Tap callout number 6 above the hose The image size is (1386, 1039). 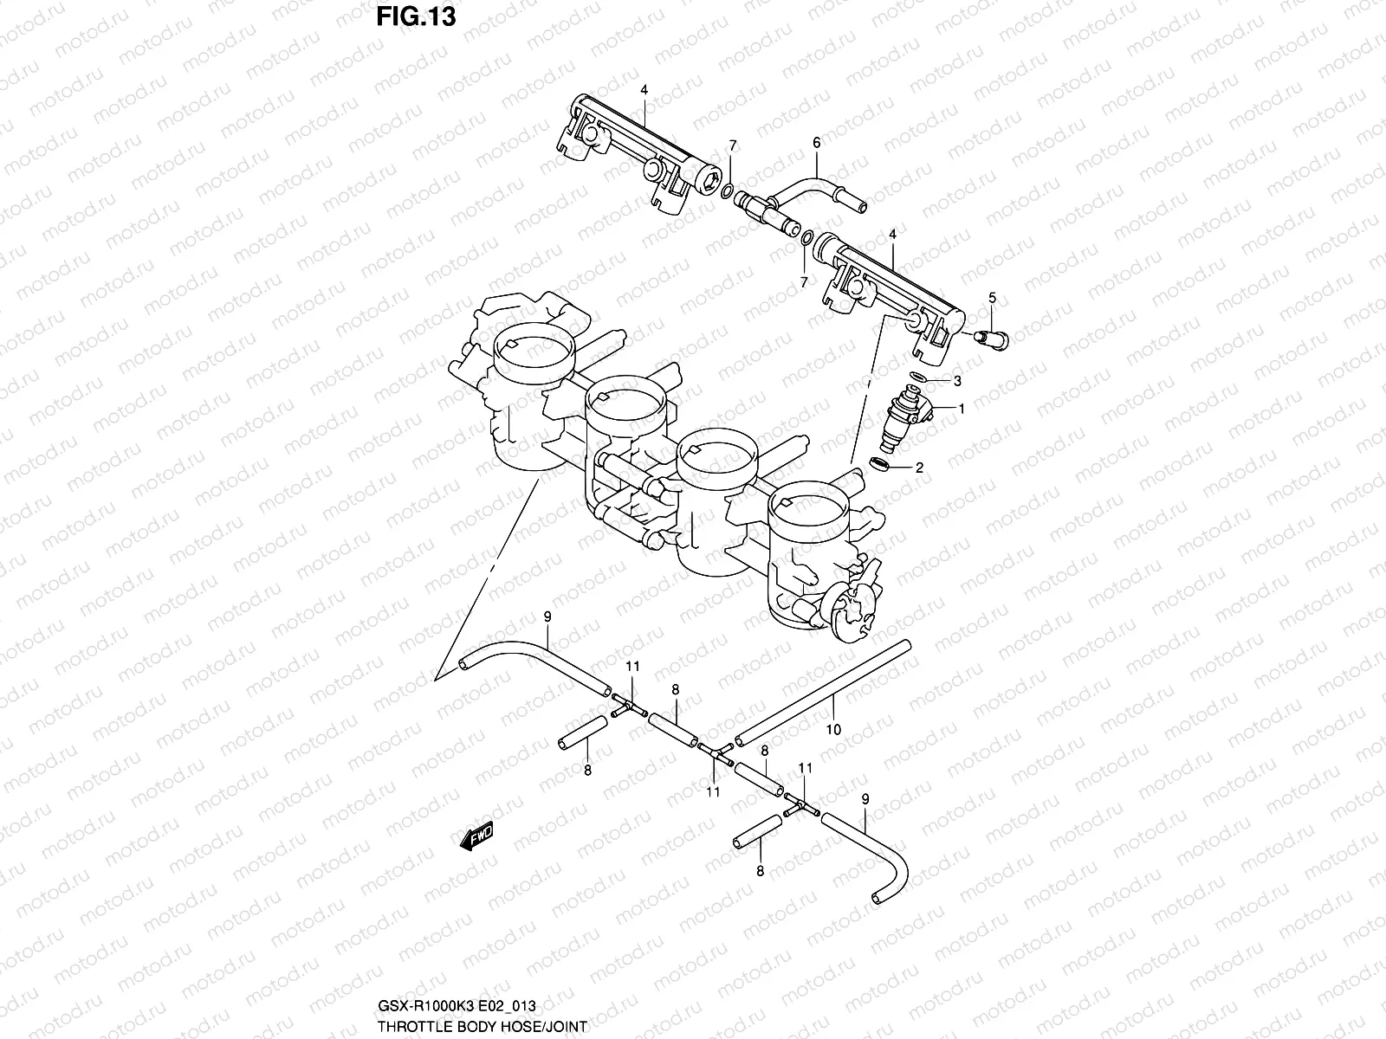tap(815, 143)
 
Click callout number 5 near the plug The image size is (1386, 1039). tap(992, 298)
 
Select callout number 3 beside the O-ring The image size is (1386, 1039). tap(957, 380)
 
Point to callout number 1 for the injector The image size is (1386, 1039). tap(961, 407)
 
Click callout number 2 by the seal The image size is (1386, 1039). tap(919, 468)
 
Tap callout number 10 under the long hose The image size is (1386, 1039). tap(832, 730)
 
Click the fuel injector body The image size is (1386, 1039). tap(906, 416)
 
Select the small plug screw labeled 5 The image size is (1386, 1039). tap(991, 338)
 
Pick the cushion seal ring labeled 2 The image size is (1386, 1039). tap(879, 467)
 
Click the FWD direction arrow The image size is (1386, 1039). tap(476, 836)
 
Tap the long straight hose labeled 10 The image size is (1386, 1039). tap(823, 693)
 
